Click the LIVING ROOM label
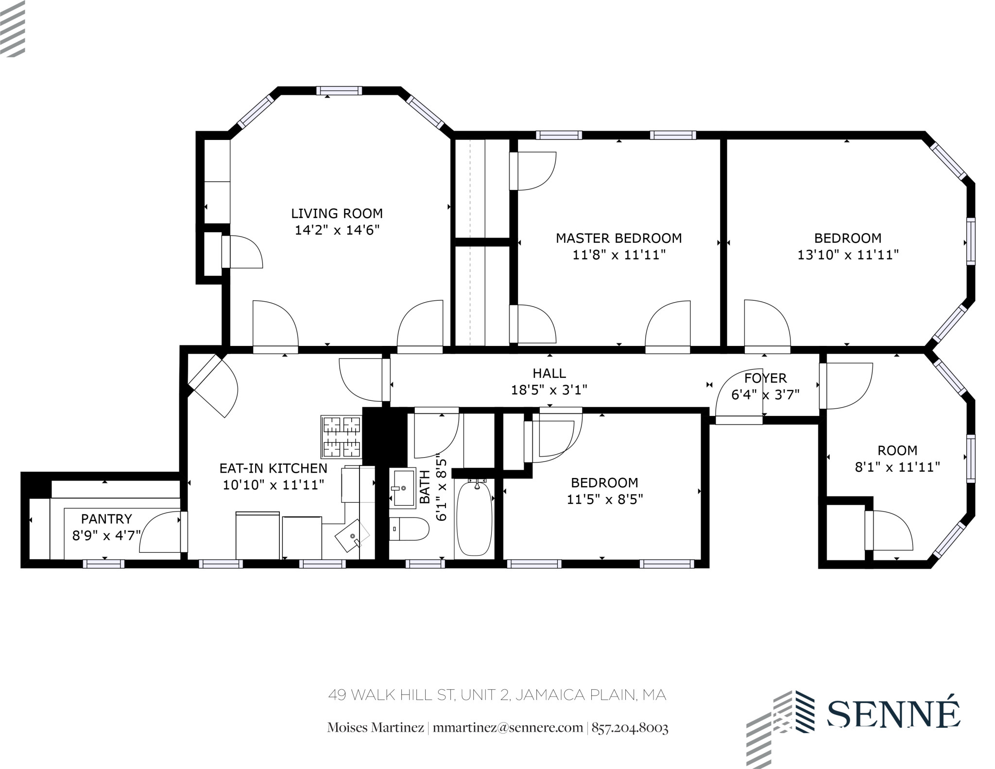(x=337, y=213)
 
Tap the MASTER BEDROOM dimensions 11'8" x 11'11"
(x=618, y=255)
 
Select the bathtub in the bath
(x=474, y=518)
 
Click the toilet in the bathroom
(x=409, y=529)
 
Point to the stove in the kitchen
(x=342, y=437)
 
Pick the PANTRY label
(x=106, y=519)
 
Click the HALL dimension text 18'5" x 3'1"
(x=549, y=390)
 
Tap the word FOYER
(x=765, y=378)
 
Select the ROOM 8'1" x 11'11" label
(x=897, y=459)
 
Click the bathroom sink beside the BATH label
(x=403, y=488)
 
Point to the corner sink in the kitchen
(x=352, y=536)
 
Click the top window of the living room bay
(x=339, y=91)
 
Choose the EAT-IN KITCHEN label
(x=273, y=468)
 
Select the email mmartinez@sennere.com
(x=507, y=728)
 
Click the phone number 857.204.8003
(x=630, y=728)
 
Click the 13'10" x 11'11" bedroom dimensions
(x=848, y=255)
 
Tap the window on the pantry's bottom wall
(x=103, y=564)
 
